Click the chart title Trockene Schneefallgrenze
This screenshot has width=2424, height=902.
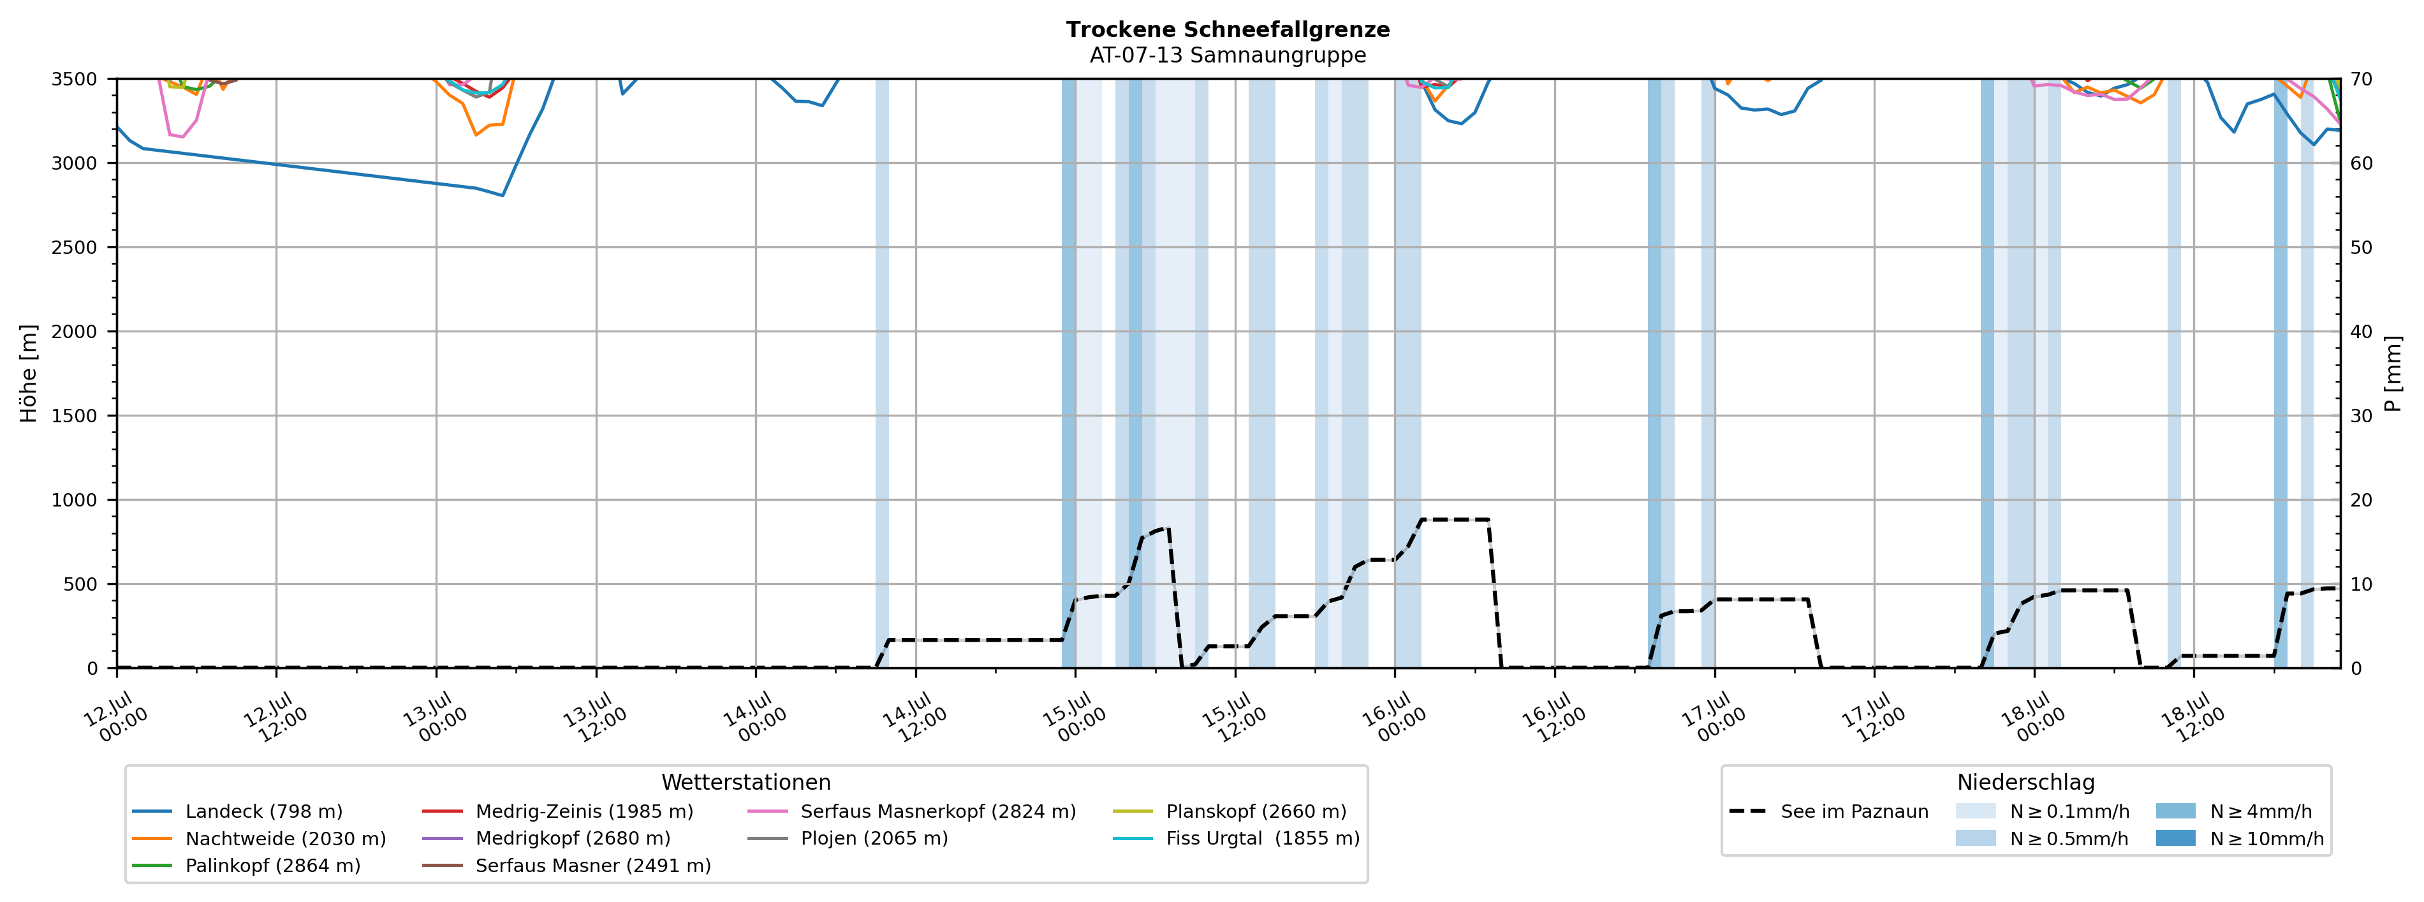[x=1228, y=29]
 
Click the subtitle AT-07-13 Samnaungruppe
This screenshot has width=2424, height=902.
[x=1228, y=55]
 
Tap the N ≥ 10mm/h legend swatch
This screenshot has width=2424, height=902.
[x=2175, y=838]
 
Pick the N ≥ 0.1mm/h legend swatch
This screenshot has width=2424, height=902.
[x=1975, y=811]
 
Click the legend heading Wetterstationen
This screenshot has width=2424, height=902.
[x=746, y=783]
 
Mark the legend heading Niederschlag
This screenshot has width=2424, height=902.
[x=2026, y=783]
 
